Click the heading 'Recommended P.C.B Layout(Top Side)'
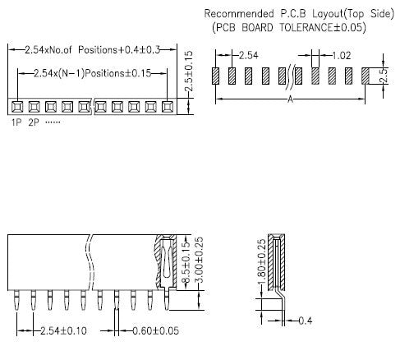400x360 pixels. [x=284, y=14]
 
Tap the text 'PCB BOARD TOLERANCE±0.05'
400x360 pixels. [x=288, y=28]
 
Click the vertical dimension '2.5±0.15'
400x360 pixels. [x=190, y=72]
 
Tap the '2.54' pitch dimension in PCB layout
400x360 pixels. [x=248, y=56]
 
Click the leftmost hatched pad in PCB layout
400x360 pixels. [x=216, y=76]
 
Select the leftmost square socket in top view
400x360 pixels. [x=16, y=107]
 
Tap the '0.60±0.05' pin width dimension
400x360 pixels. [x=155, y=330]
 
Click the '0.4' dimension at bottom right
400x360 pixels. [x=306, y=320]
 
